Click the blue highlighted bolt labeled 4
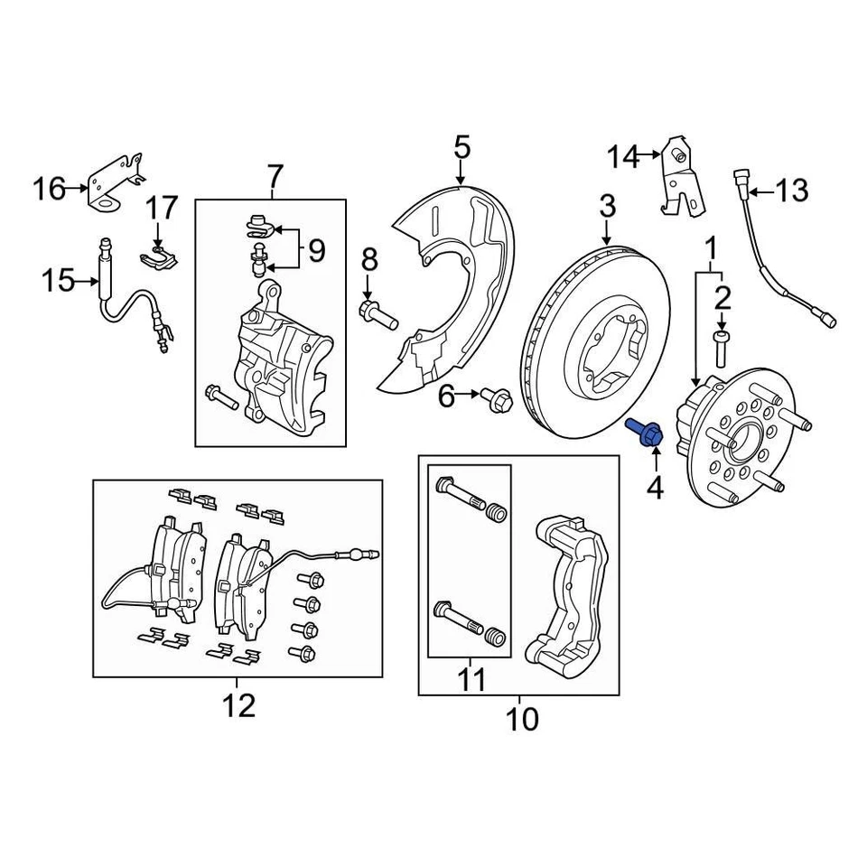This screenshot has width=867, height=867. pos(648,432)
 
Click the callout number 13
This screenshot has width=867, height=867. pos(791,191)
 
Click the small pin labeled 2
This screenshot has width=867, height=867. pos(721,346)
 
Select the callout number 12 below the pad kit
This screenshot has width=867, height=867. pos(239,705)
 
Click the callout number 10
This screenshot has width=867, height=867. pos(521,720)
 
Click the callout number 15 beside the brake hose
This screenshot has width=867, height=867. pos(59,282)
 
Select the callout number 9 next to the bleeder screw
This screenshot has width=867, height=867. pos(315,250)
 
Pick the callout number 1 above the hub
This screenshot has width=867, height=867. pos(712,247)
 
